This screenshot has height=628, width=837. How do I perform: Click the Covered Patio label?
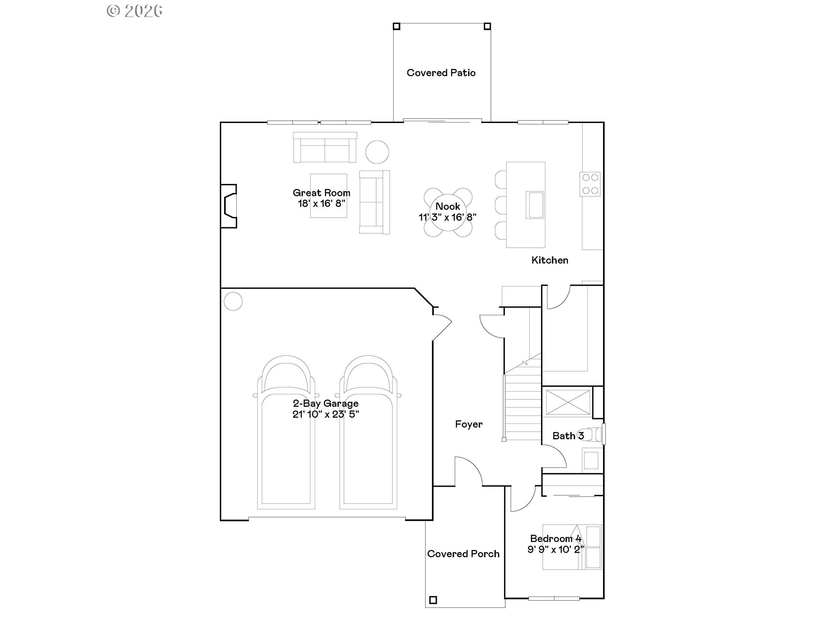point(441,73)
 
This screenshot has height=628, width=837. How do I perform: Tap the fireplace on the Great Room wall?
point(229,206)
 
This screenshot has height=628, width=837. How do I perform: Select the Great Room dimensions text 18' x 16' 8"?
point(321,204)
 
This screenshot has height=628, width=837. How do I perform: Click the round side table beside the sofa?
point(377,152)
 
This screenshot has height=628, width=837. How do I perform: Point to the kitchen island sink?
point(534,205)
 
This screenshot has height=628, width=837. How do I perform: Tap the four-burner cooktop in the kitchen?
point(590,184)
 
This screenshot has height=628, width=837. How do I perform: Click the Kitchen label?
point(550,260)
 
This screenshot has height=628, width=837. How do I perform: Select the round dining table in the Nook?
point(448,212)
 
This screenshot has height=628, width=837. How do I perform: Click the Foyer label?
point(469,424)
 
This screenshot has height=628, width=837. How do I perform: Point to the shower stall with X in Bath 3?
point(568,402)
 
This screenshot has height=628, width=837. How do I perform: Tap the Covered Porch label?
point(463,554)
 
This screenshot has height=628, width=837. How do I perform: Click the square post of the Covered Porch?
point(433,600)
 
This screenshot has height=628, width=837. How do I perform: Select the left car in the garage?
point(286,432)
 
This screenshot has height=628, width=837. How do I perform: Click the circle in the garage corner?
point(233,301)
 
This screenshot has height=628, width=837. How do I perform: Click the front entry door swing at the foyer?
point(468,471)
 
